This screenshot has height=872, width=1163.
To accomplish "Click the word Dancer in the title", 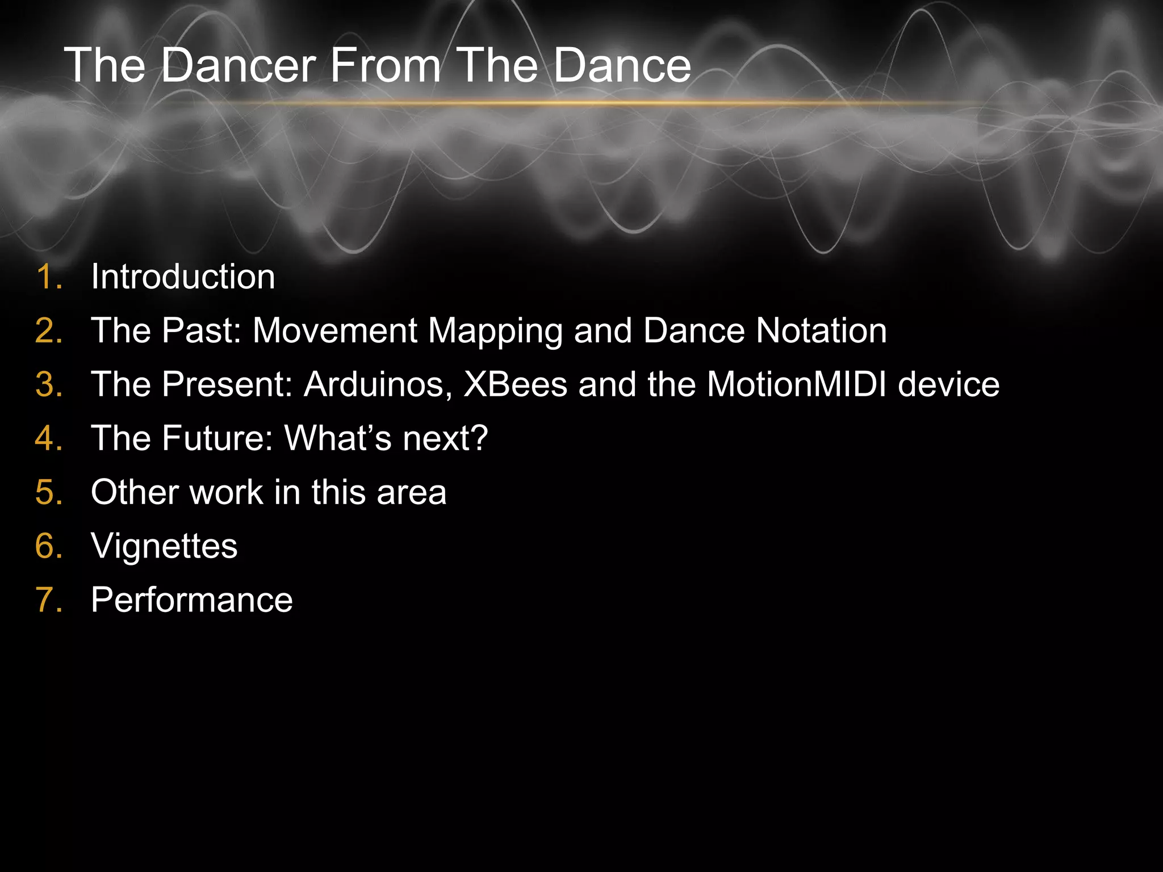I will (x=238, y=65).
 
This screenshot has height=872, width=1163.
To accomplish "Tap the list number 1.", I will (x=48, y=277).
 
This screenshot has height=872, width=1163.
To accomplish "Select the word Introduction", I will (x=183, y=277).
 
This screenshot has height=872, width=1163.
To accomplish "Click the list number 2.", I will (x=48, y=331).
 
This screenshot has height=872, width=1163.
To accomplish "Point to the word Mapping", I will (x=495, y=331).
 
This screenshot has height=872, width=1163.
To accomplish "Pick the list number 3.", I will (x=48, y=385).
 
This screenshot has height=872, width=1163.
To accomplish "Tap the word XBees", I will (x=515, y=385).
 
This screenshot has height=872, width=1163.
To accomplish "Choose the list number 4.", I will (x=48, y=439).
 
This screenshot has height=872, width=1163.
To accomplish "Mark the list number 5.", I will (x=48, y=493).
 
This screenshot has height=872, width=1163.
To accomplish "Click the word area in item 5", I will (x=412, y=493).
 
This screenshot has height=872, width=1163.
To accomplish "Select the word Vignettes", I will (x=164, y=547).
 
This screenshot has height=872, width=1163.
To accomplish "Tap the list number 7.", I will (x=48, y=601).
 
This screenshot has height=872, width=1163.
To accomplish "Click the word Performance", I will (x=192, y=601).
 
